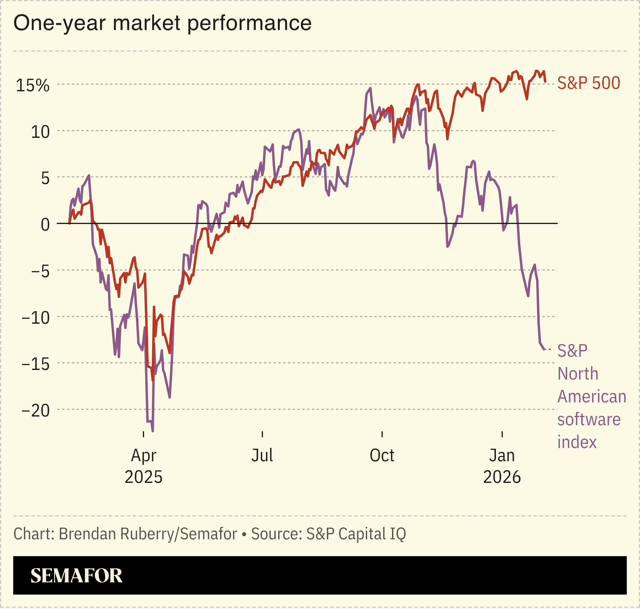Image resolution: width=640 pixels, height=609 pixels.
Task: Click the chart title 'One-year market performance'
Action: tap(162, 23)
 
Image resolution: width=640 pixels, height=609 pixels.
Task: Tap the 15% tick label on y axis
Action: tap(32, 86)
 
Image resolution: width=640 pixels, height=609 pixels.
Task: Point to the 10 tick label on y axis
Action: tap(40, 132)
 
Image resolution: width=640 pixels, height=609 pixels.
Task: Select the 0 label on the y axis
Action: tap(45, 225)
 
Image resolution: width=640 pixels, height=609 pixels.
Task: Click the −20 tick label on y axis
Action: tap(36, 411)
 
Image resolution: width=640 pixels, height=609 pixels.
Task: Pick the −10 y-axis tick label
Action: tap(36, 318)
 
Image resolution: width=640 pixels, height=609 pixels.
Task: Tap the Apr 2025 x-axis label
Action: tap(143, 466)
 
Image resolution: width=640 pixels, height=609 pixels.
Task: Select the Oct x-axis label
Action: tap(382, 456)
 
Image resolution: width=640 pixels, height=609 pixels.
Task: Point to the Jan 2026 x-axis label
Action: tap(502, 466)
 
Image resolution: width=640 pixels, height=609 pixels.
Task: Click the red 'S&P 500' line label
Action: tap(588, 83)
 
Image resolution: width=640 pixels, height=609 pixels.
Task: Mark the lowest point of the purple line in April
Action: tap(152, 431)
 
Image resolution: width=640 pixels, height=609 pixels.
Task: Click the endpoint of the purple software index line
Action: tap(544, 349)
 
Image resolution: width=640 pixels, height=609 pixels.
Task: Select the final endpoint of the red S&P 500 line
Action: tap(545, 82)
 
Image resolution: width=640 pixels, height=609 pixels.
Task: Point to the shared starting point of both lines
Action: tap(69, 223)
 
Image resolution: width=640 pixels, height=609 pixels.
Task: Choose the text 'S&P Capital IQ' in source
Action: tap(356, 534)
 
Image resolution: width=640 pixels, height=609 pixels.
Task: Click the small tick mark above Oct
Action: tap(382, 434)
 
